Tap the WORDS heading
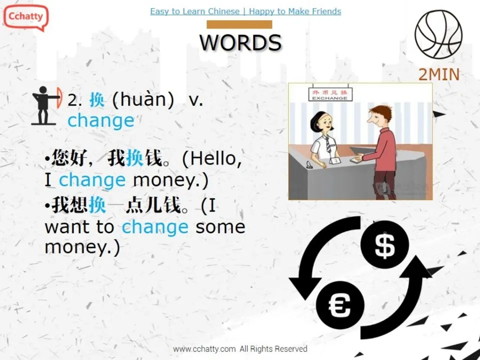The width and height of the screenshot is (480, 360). (x=240, y=42)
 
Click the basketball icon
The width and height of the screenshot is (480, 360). (x=438, y=34)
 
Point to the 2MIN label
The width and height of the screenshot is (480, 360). (x=438, y=74)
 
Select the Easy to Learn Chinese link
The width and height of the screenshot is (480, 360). (x=195, y=11)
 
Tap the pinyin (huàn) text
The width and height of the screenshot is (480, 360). (x=143, y=100)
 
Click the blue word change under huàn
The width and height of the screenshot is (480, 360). (x=101, y=120)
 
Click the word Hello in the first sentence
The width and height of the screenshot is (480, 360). (x=212, y=159)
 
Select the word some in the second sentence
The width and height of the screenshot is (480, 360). (x=220, y=227)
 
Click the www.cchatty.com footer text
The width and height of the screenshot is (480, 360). (x=240, y=349)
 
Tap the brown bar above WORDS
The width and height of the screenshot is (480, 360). (x=239, y=24)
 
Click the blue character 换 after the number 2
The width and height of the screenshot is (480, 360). (x=97, y=100)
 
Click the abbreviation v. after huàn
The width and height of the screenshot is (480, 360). (x=196, y=100)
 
